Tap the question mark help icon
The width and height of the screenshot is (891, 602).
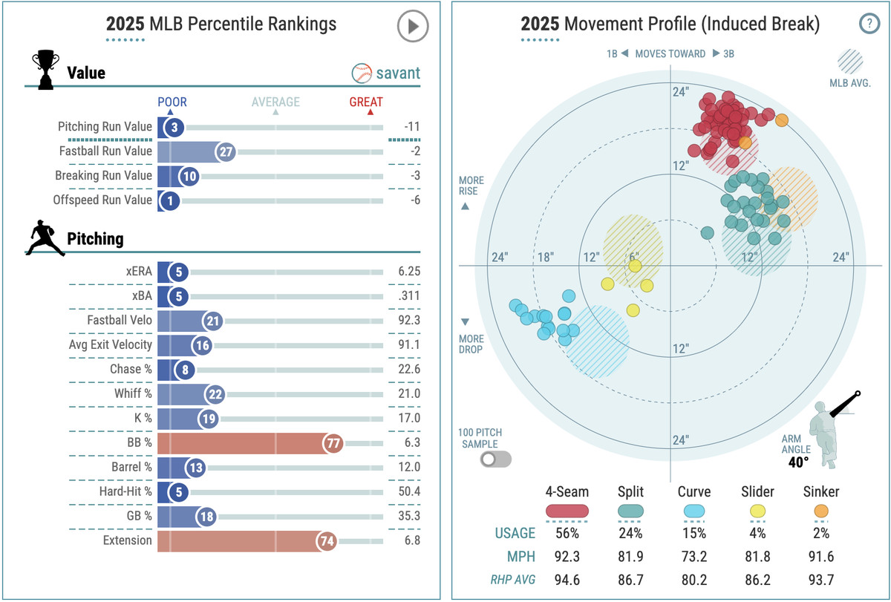868,24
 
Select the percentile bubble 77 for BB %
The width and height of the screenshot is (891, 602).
333,443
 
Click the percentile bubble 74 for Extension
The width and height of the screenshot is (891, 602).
327,540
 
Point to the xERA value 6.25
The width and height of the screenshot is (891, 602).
408,272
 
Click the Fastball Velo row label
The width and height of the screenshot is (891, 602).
120,321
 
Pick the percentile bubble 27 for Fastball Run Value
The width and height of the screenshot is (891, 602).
226,152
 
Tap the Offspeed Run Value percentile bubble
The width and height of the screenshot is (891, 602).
170,200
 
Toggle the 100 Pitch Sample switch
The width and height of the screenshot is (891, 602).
496,459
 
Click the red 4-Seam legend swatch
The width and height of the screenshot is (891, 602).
567,511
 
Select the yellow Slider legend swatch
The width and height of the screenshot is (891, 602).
757,511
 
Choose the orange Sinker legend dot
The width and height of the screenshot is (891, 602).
820,511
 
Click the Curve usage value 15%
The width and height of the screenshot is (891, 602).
693,533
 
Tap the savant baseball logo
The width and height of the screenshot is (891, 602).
362,73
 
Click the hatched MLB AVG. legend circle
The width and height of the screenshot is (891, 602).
850,61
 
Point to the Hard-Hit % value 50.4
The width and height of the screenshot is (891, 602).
408,491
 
